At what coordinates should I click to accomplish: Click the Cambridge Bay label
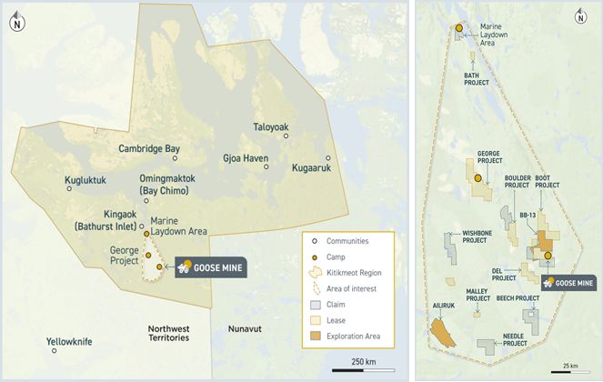tap(149, 148)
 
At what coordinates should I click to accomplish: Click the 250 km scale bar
tap(361, 364)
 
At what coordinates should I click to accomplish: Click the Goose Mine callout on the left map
tap(214, 267)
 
